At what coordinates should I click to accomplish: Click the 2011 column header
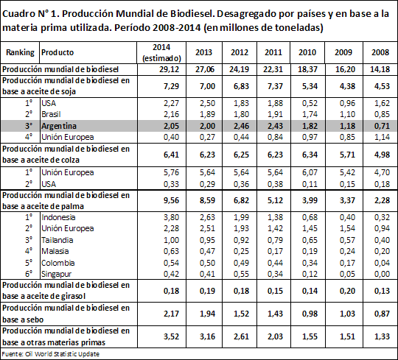pyautogui.click(x=273, y=52)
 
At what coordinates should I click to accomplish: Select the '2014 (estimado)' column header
pyautogui.click(x=161, y=53)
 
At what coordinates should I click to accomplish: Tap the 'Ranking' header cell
pyautogui.click(x=20, y=52)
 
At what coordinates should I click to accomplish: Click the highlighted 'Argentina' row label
pyautogui.click(x=59, y=126)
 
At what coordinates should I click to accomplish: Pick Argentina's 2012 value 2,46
pyautogui.click(x=241, y=126)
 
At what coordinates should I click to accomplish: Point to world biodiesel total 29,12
pyautogui.click(x=170, y=69)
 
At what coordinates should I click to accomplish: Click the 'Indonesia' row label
pyautogui.click(x=58, y=217)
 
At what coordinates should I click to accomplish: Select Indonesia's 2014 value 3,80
pyautogui.click(x=171, y=217)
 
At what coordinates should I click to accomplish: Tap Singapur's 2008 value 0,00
pyautogui.click(x=382, y=274)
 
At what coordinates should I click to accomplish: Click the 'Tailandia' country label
pyautogui.click(x=57, y=240)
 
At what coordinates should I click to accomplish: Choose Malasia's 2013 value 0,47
pyautogui.click(x=207, y=251)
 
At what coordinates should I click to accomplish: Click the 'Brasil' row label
pyautogui.click(x=51, y=114)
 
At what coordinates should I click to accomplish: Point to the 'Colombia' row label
pyautogui.click(x=58, y=263)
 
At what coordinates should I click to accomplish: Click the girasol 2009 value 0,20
pyautogui.click(x=347, y=291)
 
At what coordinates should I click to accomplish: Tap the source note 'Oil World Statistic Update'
pyautogui.click(x=62, y=354)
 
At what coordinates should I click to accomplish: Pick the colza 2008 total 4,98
pyautogui.click(x=382, y=155)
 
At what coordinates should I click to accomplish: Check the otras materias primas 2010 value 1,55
pyautogui.click(x=310, y=336)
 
